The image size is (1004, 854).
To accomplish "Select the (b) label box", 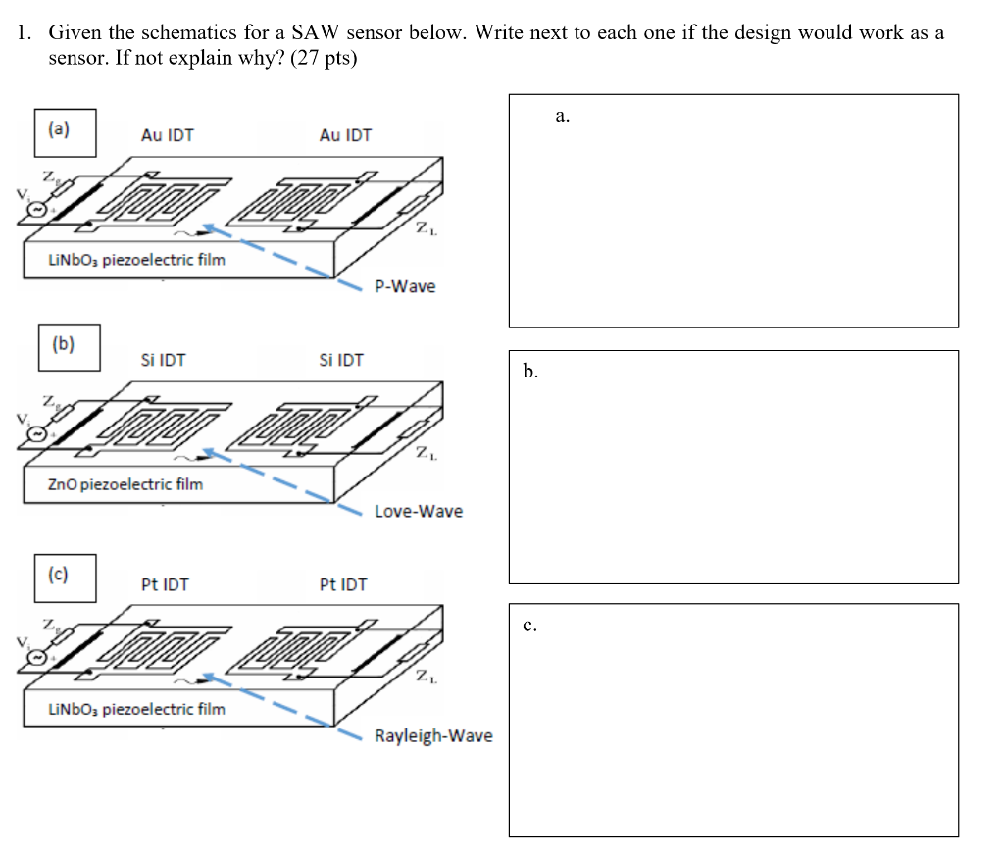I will pyautogui.click(x=69, y=347).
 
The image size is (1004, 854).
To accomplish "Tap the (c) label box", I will pyautogui.click(x=68, y=577).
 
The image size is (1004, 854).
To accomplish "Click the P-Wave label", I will pyautogui.click(x=405, y=286).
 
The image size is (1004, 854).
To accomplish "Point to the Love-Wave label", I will pyautogui.click(x=419, y=511).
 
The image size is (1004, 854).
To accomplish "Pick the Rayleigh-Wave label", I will pyautogui.click(x=433, y=735).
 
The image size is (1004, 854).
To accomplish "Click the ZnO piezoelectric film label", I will pyautogui.click(x=125, y=483).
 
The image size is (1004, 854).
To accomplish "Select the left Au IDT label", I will pyautogui.click(x=168, y=135).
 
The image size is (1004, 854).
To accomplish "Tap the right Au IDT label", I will pyautogui.click(x=345, y=135).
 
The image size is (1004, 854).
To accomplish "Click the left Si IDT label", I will pyautogui.click(x=163, y=360).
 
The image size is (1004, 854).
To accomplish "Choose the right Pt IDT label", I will pyautogui.click(x=343, y=584).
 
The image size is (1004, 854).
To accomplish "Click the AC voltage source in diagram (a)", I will pyautogui.click(x=37, y=210).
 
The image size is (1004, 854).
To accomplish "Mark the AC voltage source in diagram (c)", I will pyautogui.click(x=37, y=658).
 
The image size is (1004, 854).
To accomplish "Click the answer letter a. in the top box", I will pyautogui.click(x=562, y=117).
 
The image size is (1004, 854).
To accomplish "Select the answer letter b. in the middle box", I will pyautogui.click(x=530, y=372).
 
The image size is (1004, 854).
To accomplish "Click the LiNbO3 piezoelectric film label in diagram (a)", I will pyautogui.click(x=136, y=260).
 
